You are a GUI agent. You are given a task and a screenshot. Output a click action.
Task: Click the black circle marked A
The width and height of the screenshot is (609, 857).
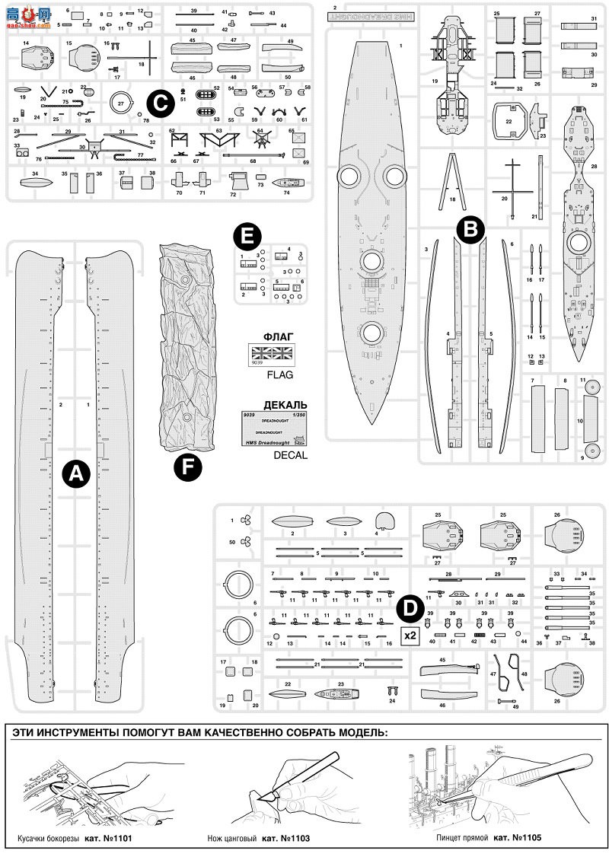(75, 473)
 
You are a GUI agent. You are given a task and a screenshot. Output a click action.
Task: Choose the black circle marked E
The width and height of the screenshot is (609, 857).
(244, 237)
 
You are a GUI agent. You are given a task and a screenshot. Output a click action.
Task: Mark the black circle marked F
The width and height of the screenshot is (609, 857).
(187, 467)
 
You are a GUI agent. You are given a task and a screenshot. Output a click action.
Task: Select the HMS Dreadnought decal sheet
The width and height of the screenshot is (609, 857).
(273, 428)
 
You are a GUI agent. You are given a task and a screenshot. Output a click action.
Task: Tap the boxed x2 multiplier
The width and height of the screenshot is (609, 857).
(410, 635)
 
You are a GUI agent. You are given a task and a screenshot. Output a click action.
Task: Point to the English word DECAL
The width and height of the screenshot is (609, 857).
(289, 455)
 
